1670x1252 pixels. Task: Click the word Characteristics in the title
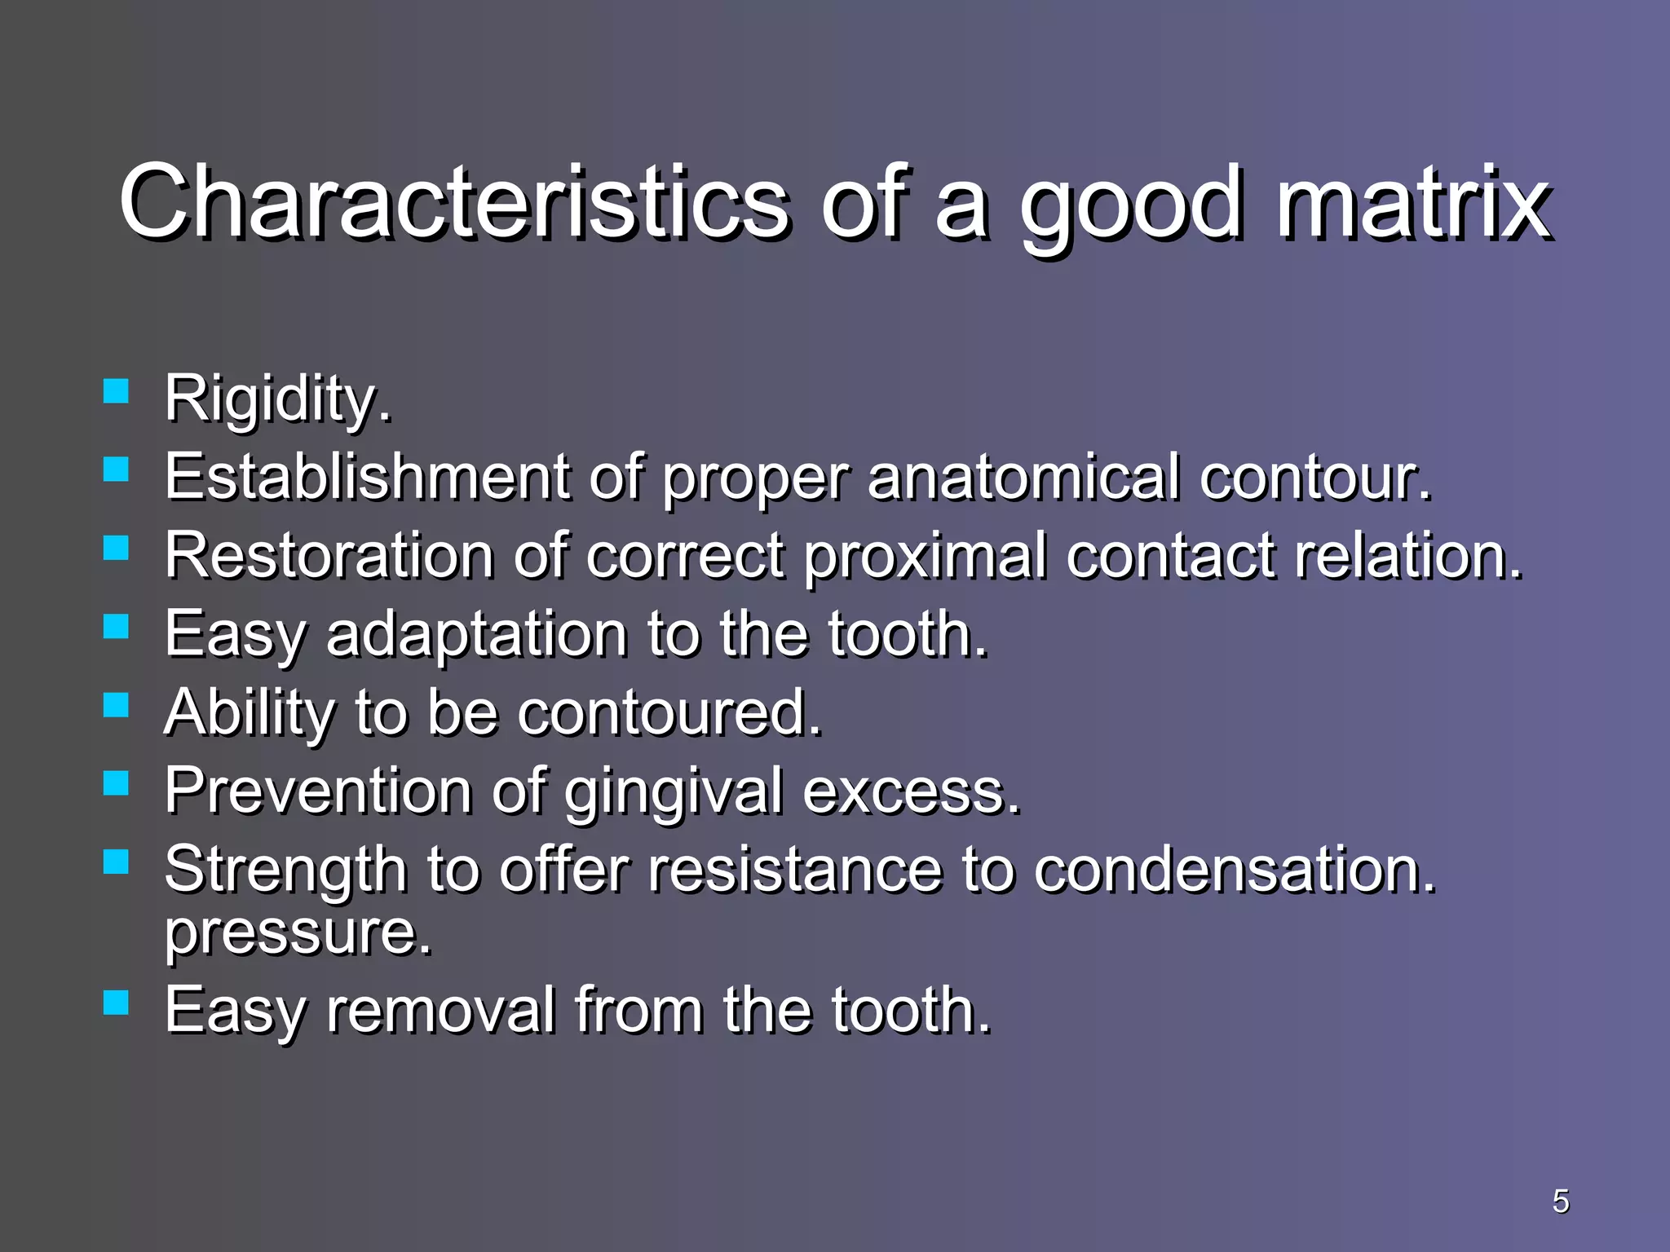[x=453, y=201]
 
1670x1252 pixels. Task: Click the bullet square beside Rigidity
[x=116, y=391]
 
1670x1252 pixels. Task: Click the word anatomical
[x=1023, y=477]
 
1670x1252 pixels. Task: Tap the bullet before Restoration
[x=116, y=548]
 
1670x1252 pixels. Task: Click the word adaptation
[x=477, y=635]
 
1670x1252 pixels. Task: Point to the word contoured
[x=669, y=712]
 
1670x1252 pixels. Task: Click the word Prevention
[x=318, y=791]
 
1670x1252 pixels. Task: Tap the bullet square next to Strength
[x=116, y=862]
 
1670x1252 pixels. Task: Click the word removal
[x=440, y=1011]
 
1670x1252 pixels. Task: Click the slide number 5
[x=1560, y=1201]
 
